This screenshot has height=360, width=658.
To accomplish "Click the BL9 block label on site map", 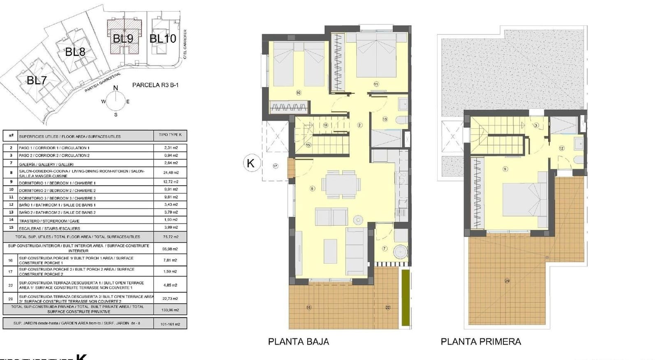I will (x=123, y=39).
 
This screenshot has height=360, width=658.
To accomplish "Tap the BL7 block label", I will (x=37, y=80).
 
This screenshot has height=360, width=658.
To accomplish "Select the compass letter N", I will (x=116, y=88).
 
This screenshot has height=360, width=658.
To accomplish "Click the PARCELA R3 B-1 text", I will (x=155, y=85).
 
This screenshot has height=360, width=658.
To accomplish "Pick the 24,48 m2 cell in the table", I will (x=170, y=173).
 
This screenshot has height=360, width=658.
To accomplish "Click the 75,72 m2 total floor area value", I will (x=170, y=237).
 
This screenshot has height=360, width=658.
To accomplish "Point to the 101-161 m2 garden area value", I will (x=170, y=324).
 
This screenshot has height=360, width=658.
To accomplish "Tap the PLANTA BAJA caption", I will (x=298, y=341).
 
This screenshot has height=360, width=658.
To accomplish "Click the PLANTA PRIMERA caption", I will (x=480, y=341).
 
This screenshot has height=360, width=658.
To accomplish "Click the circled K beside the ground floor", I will (x=250, y=163).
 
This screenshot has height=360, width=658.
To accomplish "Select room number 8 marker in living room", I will (x=313, y=188).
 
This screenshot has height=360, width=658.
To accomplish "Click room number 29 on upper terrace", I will (x=507, y=281).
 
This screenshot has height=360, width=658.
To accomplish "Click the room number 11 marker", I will (x=376, y=84).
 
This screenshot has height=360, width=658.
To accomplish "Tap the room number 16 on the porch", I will (x=309, y=307).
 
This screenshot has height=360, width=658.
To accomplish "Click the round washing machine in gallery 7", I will (x=400, y=251).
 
